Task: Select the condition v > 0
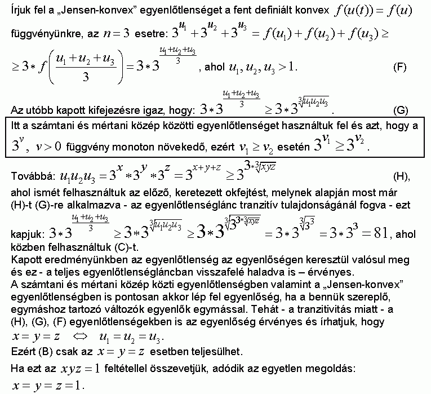click(48, 148)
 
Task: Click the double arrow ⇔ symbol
click(81, 338)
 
